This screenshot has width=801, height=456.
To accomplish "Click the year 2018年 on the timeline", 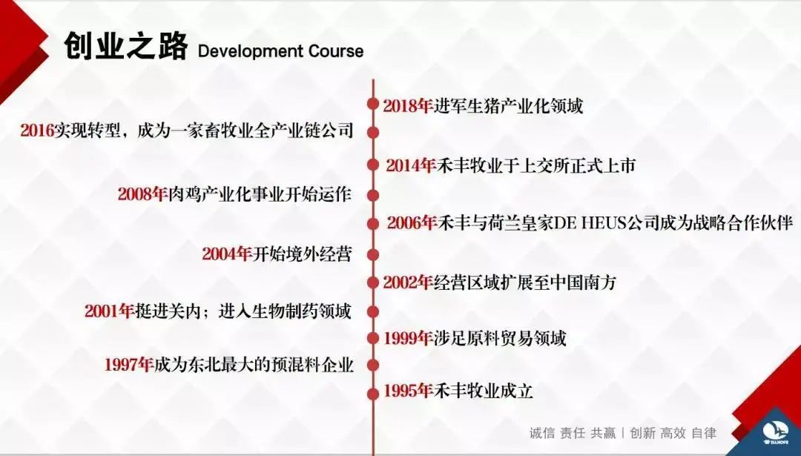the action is (x=408, y=106).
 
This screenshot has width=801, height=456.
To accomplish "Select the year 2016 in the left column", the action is (x=37, y=130).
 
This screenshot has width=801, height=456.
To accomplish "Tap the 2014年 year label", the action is (x=410, y=165).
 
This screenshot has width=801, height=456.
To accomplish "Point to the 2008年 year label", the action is (x=142, y=194).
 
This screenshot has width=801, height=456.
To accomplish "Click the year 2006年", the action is (x=411, y=223).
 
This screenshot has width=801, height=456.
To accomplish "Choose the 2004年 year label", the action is (x=227, y=254).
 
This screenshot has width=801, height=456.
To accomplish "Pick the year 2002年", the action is (x=408, y=282).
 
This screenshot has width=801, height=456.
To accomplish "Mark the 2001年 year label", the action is (x=109, y=311).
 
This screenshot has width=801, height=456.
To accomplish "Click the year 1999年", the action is (x=408, y=338).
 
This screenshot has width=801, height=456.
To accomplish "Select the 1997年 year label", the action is (x=129, y=365).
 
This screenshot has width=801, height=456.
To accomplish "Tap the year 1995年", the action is (x=408, y=391).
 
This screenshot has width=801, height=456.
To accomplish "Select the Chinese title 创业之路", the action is (x=125, y=47).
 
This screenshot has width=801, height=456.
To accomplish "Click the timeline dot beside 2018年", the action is (x=373, y=104).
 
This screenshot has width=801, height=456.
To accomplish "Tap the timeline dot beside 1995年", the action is (x=373, y=393).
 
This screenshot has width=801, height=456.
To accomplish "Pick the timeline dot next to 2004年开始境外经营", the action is (x=373, y=254).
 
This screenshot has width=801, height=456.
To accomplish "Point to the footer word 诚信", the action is (x=541, y=433).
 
